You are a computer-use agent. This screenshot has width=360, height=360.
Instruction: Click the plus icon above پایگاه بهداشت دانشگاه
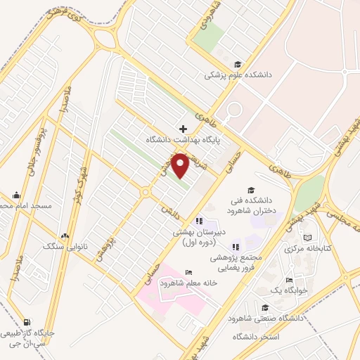(184, 129)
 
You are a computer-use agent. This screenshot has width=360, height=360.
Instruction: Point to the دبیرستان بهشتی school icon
(198, 222)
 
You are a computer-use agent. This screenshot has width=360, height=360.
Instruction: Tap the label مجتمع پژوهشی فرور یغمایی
(235, 262)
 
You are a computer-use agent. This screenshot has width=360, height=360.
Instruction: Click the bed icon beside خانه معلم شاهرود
(187, 272)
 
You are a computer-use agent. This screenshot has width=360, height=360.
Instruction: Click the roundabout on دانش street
(146, 191)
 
